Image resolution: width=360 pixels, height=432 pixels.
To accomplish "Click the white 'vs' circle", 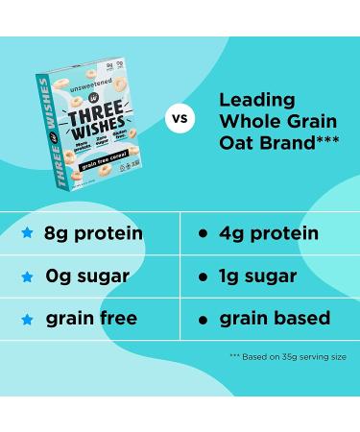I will click(x=177, y=121).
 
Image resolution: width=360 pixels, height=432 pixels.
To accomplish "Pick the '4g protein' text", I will click(x=268, y=233).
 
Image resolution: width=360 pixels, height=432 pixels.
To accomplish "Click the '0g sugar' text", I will click(x=87, y=276).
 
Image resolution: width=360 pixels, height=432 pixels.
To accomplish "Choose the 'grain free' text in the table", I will click(x=92, y=318).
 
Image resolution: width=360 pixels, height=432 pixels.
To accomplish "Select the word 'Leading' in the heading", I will click(x=255, y=99).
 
